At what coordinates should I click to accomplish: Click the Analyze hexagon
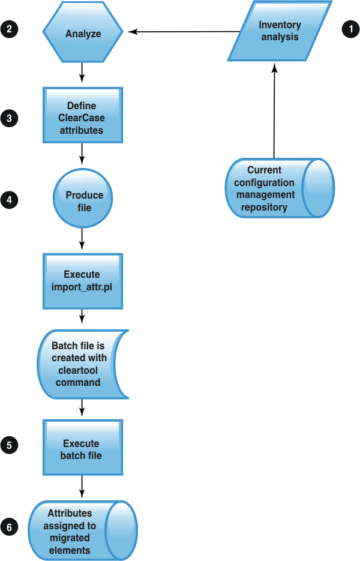[x=83, y=34]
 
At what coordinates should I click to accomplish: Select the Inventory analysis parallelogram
[x=280, y=31]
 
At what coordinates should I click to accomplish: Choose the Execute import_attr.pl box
[x=82, y=280]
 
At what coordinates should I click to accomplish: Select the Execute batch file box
[x=82, y=449]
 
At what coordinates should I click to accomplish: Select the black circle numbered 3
[x=10, y=118]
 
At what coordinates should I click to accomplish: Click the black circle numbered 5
[x=10, y=445]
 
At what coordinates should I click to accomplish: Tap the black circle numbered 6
[x=10, y=527]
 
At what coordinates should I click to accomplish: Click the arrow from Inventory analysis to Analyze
[x=186, y=31]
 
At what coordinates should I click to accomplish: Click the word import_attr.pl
[x=82, y=286]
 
